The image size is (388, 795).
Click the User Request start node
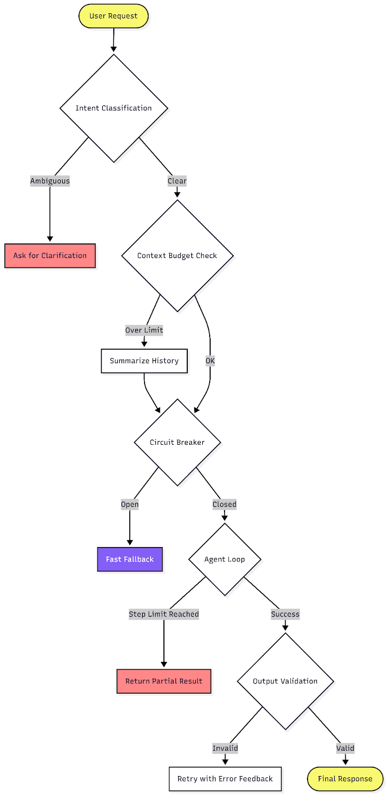113,16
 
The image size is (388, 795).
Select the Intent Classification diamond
114,108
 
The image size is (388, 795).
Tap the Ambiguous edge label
50,181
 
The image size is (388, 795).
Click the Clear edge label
177,181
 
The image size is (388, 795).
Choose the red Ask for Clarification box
50,255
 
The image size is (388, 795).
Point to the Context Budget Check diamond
177,255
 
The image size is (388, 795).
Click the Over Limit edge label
144,330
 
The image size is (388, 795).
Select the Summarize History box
144,361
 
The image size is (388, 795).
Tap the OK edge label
210,361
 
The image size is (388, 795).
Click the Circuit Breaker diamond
177,442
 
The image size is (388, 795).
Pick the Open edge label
130,504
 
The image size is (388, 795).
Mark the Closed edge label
225,504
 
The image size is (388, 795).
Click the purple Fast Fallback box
130,559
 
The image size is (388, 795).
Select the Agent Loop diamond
225,559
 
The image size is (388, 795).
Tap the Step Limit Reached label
163,614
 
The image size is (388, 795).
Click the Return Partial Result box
163,681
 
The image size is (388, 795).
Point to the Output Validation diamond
285,681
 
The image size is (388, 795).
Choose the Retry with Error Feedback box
225,779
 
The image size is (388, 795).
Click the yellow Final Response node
345,779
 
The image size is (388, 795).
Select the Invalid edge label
225,748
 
